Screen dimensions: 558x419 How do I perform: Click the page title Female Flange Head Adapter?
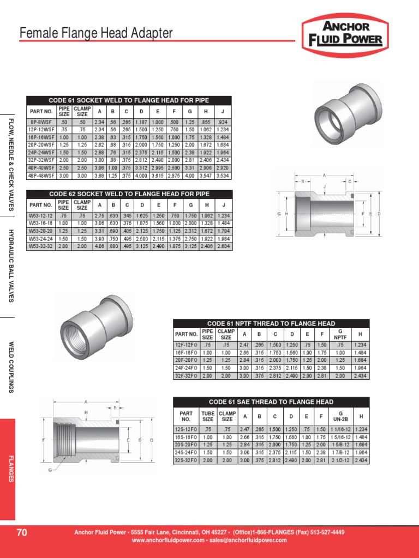[96, 34]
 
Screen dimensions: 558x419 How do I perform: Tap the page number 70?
[22, 532]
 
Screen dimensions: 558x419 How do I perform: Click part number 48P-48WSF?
[41, 176]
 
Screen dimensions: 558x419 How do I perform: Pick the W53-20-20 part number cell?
[41, 231]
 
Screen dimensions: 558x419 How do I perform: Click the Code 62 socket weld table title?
[129, 194]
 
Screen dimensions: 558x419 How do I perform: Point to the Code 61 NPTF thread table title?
[271, 324]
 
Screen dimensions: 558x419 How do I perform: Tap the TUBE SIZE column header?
[208, 416]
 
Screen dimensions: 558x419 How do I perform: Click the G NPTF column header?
[340, 333]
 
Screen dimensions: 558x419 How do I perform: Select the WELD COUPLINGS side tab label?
[11, 367]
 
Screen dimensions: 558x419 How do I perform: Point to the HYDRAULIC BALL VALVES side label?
[11, 266]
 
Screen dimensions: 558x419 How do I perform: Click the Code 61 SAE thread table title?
[271, 402]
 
